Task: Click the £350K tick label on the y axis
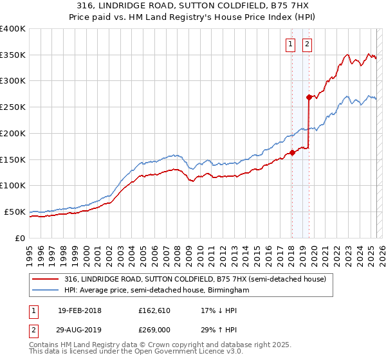click(x=13, y=55)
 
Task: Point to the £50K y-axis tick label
click(x=15, y=212)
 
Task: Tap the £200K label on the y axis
click(x=13, y=134)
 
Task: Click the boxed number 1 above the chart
click(x=291, y=44)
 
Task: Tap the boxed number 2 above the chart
click(x=306, y=44)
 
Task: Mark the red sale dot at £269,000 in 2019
click(x=309, y=98)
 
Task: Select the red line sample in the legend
click(x=46, y=279)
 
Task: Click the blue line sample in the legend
click(x=46, y=290)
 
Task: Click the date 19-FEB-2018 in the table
click(x=80, y=310)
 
